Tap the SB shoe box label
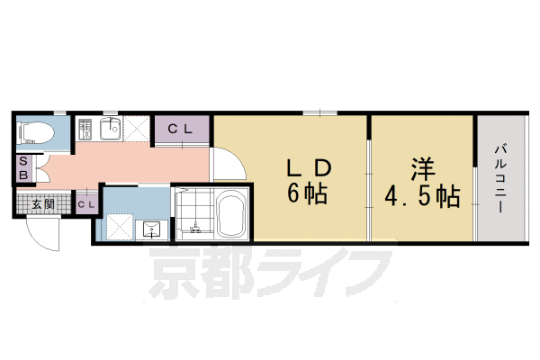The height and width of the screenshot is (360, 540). [x=23, y=168]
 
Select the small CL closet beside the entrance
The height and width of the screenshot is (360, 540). [x=85, y=204]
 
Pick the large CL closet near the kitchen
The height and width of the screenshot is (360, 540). [x=182, y=129]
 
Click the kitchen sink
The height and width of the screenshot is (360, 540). [x=110, y=130]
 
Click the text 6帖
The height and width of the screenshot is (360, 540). [x=307, y=193]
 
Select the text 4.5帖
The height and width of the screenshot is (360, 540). [x=422, y=194]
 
